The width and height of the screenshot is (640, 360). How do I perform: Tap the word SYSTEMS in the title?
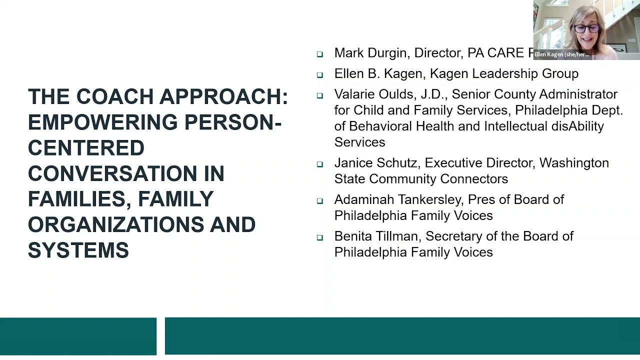pos(78,250)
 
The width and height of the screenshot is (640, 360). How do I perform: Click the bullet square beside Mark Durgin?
pos(320,54)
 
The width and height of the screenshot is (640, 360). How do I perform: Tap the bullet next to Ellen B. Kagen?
pos(320,74)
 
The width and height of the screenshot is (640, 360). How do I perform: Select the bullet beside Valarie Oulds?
pos(320,95)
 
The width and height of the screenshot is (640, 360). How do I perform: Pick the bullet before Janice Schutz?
pos(320,163)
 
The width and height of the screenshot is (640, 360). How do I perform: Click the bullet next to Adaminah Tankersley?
pos(320,200)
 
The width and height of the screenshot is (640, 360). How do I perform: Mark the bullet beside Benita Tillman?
pos(320,237)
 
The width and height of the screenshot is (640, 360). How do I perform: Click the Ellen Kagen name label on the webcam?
pos(561,54)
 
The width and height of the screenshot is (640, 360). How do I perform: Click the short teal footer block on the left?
pos(78,336)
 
